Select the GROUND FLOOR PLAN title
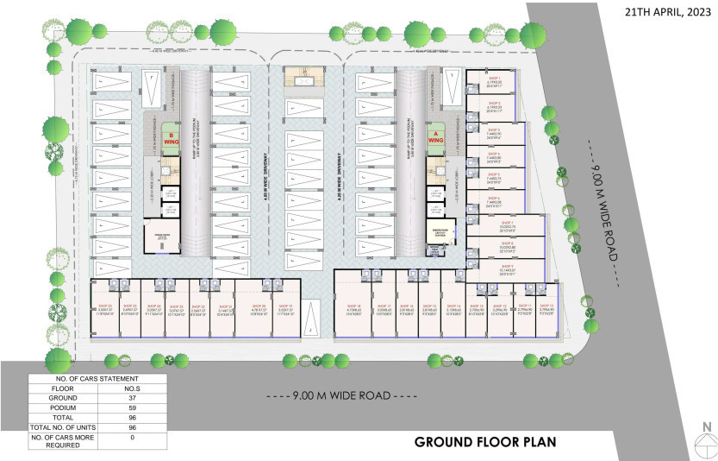(x=485, y=442)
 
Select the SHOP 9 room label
(x=506, y=265)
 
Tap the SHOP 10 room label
(x=546, y=306)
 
